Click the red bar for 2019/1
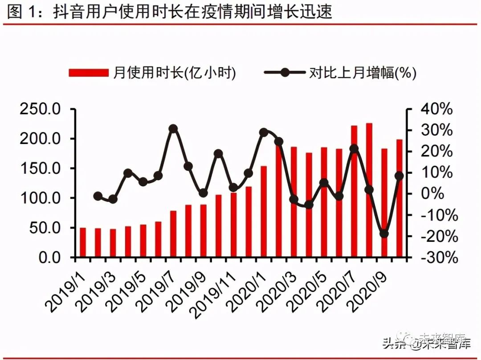(83, 242)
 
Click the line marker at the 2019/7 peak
(174, 129)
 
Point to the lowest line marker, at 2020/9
(384, 233)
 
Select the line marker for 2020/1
(264, 132)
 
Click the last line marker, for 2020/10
(399, 176)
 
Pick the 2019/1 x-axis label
(67, 285)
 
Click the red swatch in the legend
(89, 73)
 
